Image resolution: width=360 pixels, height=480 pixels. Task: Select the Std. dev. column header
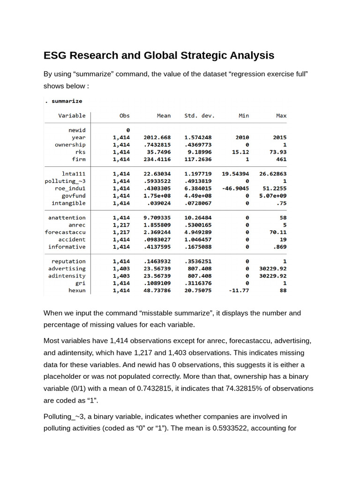(199, 115)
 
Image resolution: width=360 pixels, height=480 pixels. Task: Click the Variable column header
(72, 115)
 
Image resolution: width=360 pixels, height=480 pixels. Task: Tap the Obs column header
(125, 115)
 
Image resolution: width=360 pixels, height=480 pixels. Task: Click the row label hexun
(77, 291)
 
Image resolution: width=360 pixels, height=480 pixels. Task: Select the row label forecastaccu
(65, 232)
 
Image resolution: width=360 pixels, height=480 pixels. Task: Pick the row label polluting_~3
(65, 181)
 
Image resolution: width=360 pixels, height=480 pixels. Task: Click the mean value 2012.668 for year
(157, 137)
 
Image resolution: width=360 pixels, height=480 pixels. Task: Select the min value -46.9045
(235, 188)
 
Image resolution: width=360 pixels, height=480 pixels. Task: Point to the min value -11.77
(239, 291)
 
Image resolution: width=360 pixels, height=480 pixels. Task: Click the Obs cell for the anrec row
(121, 225)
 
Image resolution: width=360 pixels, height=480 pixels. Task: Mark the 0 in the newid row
(127, 130)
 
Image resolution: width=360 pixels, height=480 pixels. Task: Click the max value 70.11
(277, 232)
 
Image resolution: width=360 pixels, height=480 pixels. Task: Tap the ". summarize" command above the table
(63, 101)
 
